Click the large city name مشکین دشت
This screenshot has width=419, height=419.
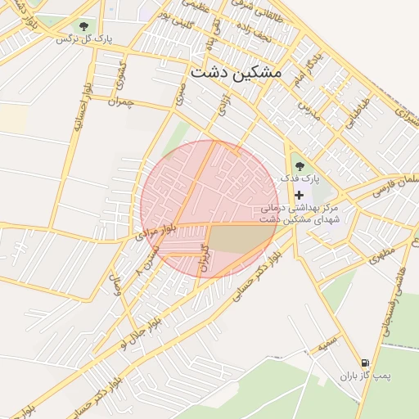click(236, 72)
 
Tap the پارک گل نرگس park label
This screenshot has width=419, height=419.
click(85, 38)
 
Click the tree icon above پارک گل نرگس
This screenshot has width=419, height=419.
click(84, 26)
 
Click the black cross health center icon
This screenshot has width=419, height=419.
click(299, 195)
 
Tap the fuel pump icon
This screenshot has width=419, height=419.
click(363, 362)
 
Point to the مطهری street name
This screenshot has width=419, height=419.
click(381, 255)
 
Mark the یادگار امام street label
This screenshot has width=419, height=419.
click(304, 72)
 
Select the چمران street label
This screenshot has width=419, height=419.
click(119, 102)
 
